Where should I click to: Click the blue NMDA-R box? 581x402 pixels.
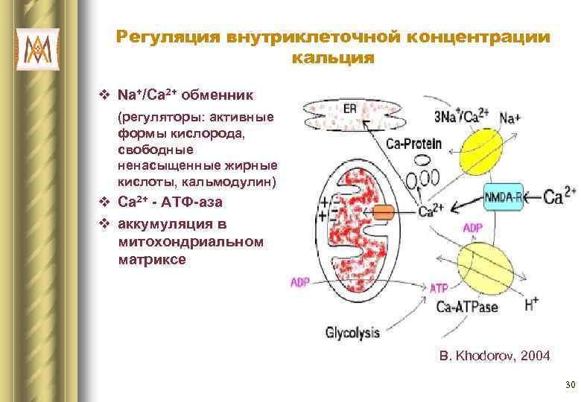point(504,197)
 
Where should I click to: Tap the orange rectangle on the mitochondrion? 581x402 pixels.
point(383,211)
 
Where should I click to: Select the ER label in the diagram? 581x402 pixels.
point(349,109)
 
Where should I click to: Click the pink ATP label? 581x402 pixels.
point(439,287)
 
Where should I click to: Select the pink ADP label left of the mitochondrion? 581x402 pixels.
point(299,283)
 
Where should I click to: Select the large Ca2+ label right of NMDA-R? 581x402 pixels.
point(559,197)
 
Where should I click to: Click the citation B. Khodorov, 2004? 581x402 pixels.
point(495,357)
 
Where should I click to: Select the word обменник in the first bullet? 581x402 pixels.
point(220,96)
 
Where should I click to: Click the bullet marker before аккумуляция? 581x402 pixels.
point(105,223)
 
